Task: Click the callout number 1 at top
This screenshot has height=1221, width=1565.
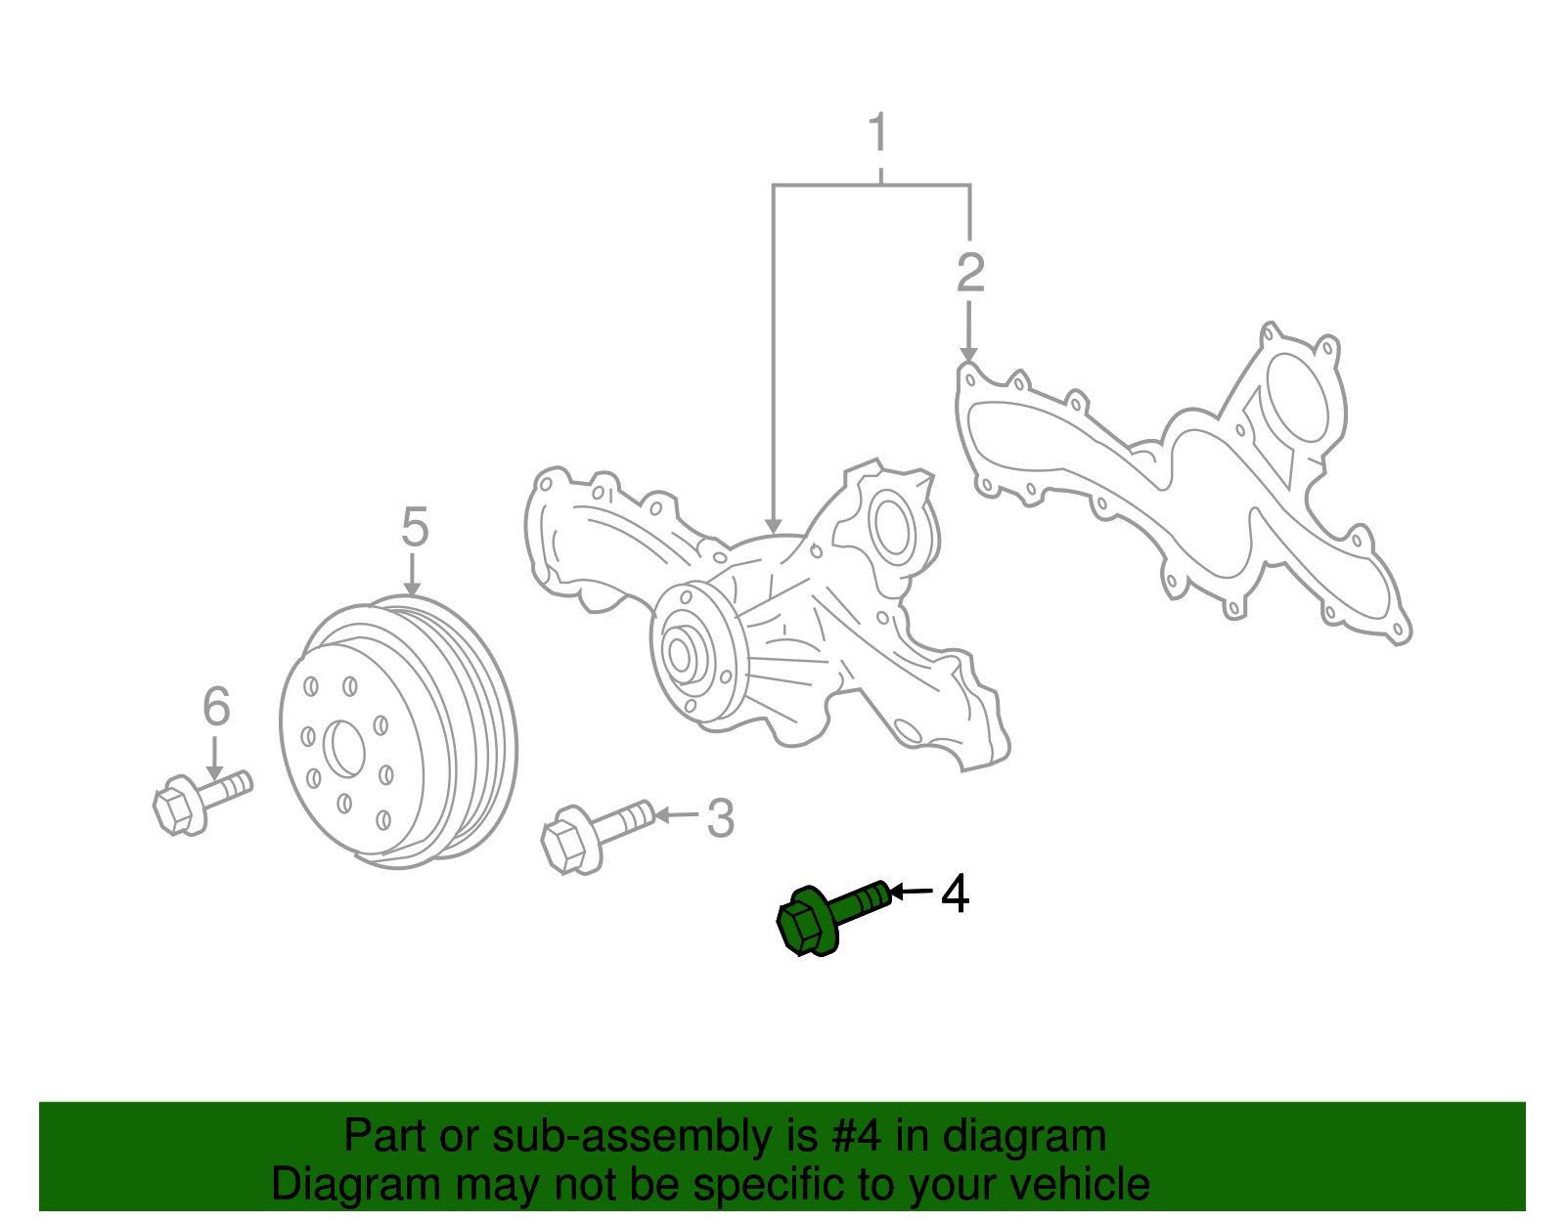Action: (878, 134)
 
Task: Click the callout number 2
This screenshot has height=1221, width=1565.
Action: (969, 273)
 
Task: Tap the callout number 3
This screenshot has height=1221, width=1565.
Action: (721, 818)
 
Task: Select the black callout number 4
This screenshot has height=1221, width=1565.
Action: (955, 894)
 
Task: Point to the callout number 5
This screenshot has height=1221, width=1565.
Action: (415, 528)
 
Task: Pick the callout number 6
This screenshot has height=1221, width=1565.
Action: (216, 706)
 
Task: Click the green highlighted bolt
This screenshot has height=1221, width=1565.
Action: (831, 914)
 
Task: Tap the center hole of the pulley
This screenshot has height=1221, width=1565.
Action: (347, 749)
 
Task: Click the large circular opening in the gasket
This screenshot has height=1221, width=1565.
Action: (1296, 399)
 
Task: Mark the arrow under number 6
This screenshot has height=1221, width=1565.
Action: (215, 758)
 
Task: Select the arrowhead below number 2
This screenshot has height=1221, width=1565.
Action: (968, 352)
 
